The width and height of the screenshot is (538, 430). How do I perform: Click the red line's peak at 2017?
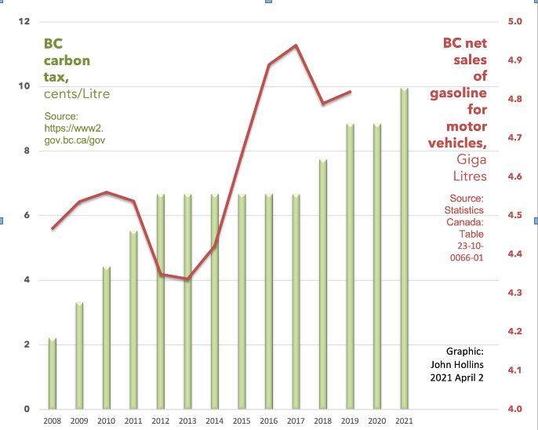(x=295, y=46)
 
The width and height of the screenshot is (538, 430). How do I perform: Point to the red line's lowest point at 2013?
(x=187, y=279)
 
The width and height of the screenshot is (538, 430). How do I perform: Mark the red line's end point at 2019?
(x=350, y=92)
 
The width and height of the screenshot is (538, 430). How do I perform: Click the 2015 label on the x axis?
(x=242, y=421)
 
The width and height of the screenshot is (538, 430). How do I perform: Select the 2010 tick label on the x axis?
(x=106, y=421)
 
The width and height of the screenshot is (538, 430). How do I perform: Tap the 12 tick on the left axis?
(x=25, y=21)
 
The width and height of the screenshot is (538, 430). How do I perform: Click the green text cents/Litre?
(x=77, y=94)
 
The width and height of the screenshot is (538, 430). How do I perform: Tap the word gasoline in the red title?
(x=458, y=93)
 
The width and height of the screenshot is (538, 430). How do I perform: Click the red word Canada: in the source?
(x=468, y=222)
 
